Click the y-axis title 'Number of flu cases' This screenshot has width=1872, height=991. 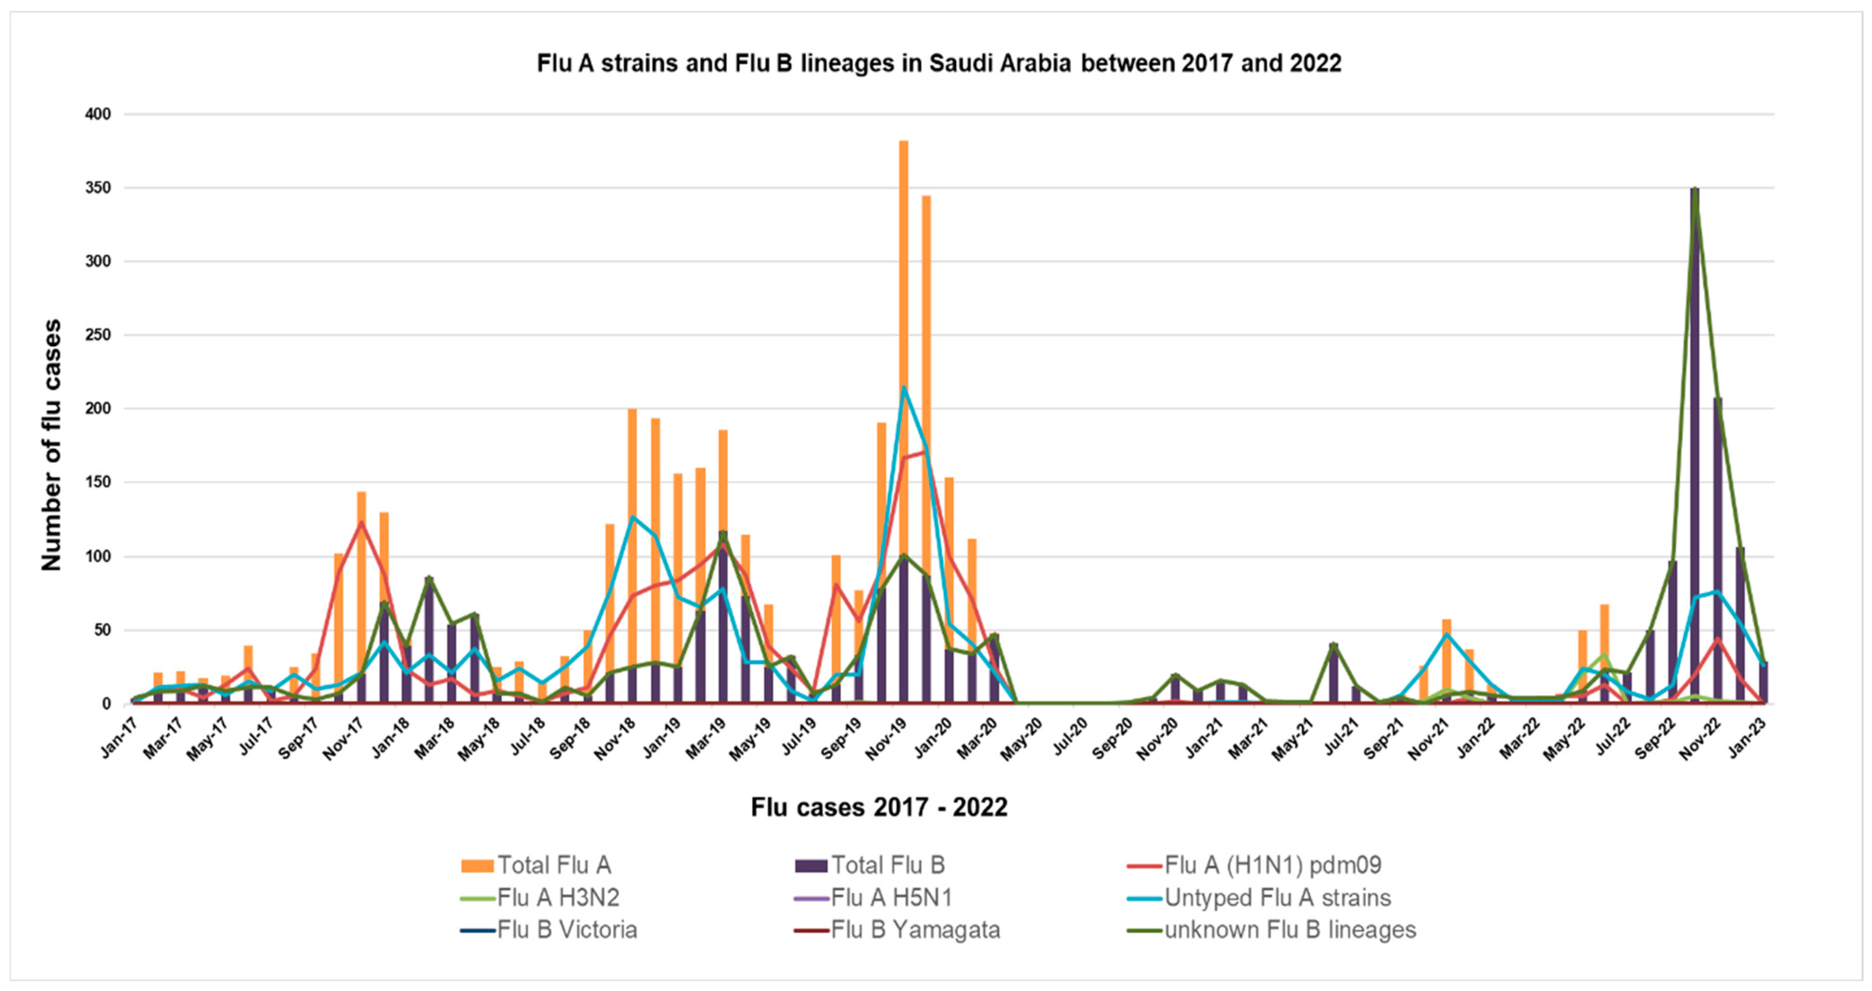pyautogui.click(x=51, y=445)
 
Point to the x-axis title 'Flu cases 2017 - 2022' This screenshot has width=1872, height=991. pyautogui.click(x=879, y=807)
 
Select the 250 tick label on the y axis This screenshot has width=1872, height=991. pyautogui.click(x=97, y=335)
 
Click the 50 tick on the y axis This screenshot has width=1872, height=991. pyautogui.click(x=101, y=630)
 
